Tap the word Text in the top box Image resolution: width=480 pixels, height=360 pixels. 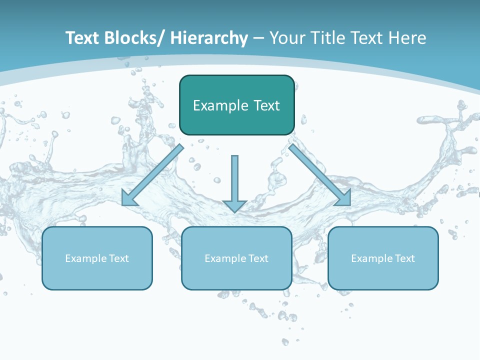click(266, 105)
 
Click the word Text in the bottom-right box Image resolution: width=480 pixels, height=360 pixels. click(404, 258)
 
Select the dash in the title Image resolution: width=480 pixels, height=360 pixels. click(258, 38)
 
